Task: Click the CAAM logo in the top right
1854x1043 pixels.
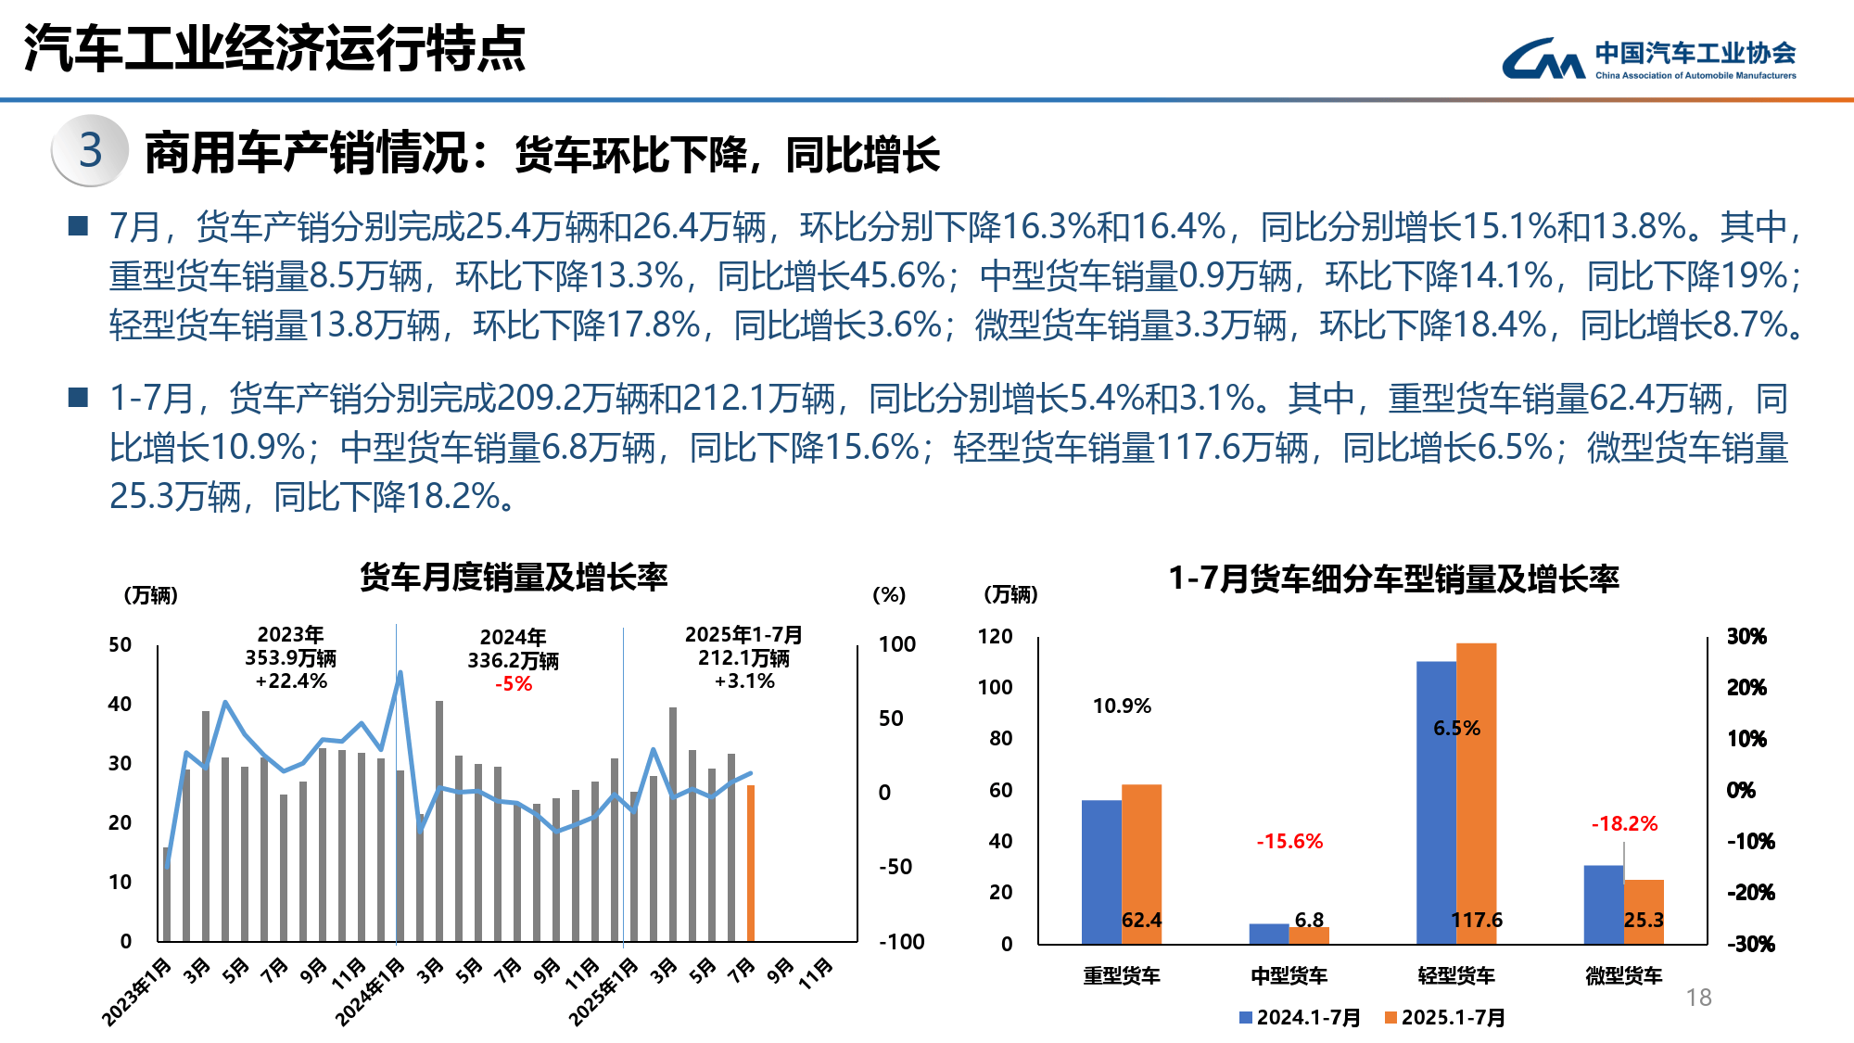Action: click(x=1648, y=58)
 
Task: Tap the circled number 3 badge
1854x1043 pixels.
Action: click(x=90, y=150)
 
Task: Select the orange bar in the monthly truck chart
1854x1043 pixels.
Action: click(x=751, y=862)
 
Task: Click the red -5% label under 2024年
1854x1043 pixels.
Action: click(x=514, y=684)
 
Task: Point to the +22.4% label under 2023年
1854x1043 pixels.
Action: click(x=291, y=681)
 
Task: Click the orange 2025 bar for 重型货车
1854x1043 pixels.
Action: click(x=1141, y=862)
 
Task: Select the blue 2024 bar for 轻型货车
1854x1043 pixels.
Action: click(x=1436, y=802)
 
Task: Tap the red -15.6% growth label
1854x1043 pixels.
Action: click(x=1289, y=842)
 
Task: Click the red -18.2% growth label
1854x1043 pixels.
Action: click(x=1624, y=823)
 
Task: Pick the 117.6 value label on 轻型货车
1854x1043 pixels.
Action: click(x=1476, y=920)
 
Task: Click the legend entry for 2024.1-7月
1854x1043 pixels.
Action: click(x=1300, y=1017)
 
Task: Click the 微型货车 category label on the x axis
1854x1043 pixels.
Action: click(x=1623, y=975)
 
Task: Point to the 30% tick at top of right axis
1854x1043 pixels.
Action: click(x=1746, y=637)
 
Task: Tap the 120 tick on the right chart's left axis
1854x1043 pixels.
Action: click(x=995, y=636)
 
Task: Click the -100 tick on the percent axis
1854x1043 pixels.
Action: click(x=902, y=942)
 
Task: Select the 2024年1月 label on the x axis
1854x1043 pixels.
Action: click(x=371, y=991)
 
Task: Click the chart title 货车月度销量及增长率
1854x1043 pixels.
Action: click(x=514, y=578)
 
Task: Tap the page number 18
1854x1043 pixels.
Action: click(x=1698, y=998)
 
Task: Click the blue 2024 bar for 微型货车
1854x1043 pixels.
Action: click(x=1603, y=904)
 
